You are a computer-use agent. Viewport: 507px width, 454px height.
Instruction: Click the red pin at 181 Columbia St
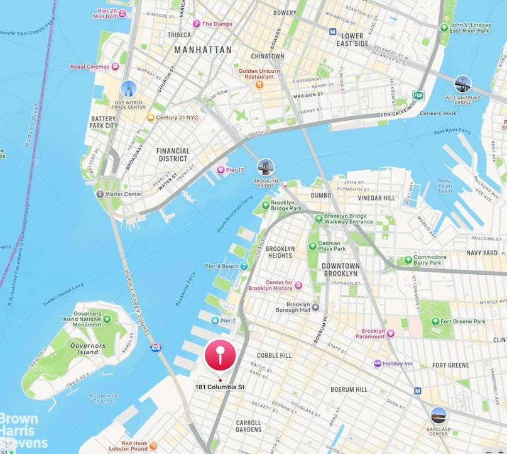(220, 357)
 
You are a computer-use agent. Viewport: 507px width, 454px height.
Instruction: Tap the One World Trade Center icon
(129, 88)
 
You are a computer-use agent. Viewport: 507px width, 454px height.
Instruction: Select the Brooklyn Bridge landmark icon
(266, 167)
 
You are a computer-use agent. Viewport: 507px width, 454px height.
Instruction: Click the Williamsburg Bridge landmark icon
(463, 84)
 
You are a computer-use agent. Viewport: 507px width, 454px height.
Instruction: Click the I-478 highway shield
(155, 346)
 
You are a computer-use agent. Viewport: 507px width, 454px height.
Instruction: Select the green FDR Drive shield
(418, 96)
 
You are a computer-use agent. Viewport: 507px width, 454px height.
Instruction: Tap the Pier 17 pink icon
(220, 170)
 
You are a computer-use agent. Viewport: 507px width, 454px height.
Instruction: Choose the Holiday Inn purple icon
(377, 363)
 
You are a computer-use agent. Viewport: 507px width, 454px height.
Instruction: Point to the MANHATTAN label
(202, 50)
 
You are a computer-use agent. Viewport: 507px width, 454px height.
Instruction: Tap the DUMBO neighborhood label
(320, 196)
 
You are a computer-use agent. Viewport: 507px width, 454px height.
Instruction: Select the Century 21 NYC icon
(150, 118)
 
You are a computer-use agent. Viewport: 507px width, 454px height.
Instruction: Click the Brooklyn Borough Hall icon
(316, 307)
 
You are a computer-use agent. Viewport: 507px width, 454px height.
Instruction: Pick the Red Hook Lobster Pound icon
(153, 446)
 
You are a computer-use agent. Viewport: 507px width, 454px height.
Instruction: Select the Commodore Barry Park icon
(408, 260)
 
